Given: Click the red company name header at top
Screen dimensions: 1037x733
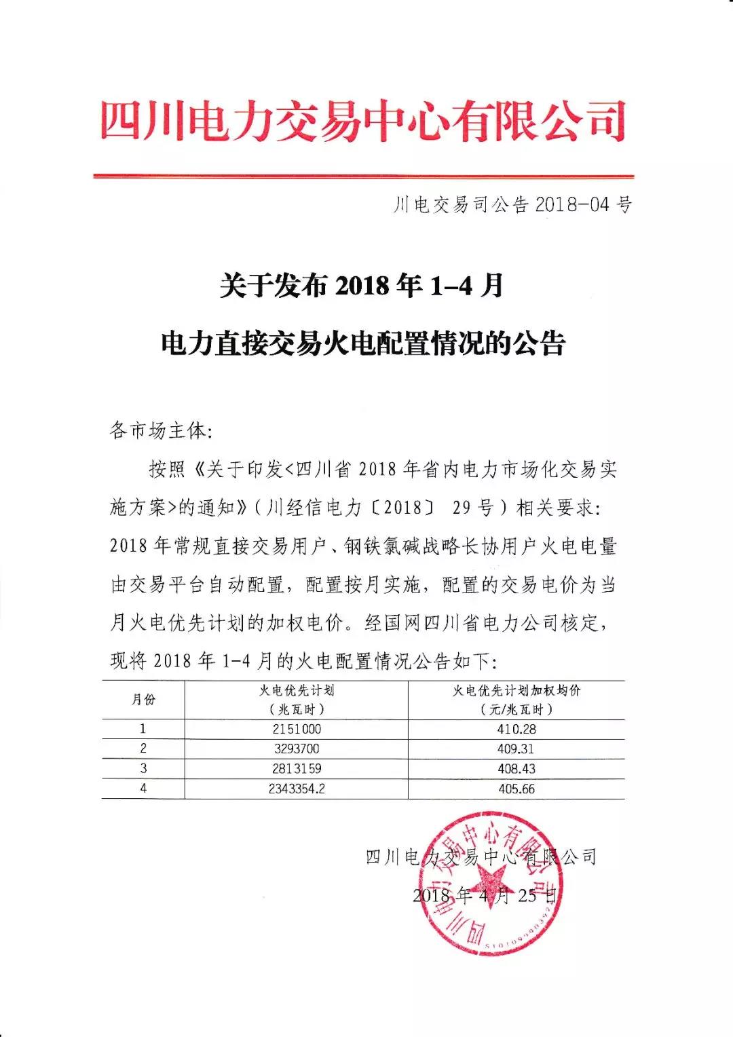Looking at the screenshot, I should tap(363, 121).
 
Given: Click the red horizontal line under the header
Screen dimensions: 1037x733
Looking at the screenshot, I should tap(363, 176).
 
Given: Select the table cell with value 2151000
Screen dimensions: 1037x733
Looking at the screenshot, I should tap(297, 730).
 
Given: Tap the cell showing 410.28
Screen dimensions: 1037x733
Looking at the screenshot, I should tap(516, 730).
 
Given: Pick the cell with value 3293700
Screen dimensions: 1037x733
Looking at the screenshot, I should tap(297, 749).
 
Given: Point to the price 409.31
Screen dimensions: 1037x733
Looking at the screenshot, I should tap(516, 749).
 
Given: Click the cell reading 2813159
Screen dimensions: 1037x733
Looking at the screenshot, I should tap(297, 769).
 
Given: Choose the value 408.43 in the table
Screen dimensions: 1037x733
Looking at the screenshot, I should tap(516, 769).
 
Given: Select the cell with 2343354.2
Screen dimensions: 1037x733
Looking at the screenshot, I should tap(297, 789).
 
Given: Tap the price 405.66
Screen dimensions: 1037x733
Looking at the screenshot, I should tap(516, 789).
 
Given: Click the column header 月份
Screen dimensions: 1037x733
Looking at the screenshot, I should tap(143, 700).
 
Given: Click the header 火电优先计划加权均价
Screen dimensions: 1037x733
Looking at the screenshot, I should tap(516, 691).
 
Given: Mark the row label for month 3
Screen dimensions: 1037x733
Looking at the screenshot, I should tap(143, 769).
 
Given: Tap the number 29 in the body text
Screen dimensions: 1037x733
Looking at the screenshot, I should tap(466, 508).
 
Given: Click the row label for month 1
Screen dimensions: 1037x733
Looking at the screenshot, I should tap(143, 730).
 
